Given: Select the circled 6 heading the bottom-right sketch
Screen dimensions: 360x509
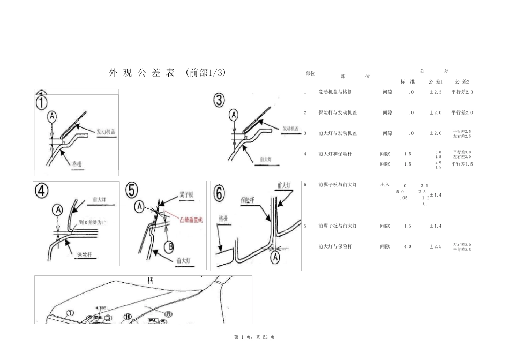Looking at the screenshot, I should point(220,193).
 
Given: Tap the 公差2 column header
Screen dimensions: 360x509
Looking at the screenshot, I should point(462,81).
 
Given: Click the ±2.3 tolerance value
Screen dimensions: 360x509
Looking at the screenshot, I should point(435,92).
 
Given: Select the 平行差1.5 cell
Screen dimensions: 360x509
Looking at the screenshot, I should point(462,164).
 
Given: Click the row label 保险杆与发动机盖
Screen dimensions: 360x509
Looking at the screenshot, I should point(338,112).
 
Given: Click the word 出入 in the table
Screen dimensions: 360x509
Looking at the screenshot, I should point(385,184).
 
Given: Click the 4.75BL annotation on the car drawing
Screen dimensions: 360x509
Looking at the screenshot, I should point(102,308).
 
